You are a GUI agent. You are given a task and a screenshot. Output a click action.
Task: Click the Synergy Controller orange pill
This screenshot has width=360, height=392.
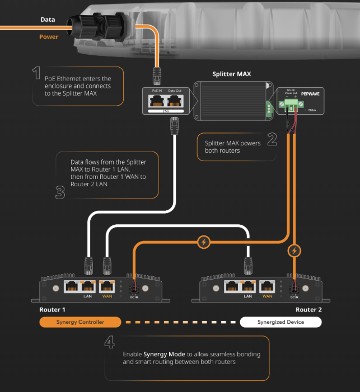pyautogui.click(x=80, y=322)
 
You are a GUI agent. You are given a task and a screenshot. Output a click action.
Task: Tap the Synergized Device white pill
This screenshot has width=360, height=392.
pyautogui.click(x=280, y=322)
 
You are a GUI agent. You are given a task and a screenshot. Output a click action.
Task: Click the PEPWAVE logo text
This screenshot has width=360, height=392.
pyautogui.click(x=310, y=95)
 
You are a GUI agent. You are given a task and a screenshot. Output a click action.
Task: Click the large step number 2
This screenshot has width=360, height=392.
pyautogui.click(x=272, y=139)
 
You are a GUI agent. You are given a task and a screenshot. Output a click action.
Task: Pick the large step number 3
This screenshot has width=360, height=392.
pyautogui.click(x=60, y=192)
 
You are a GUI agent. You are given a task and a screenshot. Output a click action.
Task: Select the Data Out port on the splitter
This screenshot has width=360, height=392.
pyautogui.click(x=175, y=102)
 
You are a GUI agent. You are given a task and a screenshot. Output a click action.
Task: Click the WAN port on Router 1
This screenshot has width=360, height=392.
pyautogui.click(x=107, y=286)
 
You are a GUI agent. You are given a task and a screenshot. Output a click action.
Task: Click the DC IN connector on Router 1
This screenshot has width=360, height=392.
pyautogui.click(x=134, y=289)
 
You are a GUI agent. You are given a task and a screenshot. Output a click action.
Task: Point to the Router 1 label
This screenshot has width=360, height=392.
pyautogui.click(x=52, y=309)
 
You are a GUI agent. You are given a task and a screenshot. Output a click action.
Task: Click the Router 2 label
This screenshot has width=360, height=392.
pyautogui.click(x=308, y=309)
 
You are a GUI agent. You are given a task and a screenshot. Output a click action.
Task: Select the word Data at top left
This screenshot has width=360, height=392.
pyautogui.click(x=48, y=20)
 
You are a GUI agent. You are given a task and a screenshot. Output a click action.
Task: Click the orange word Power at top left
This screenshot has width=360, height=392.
pyautogui.click(x=49, y=37)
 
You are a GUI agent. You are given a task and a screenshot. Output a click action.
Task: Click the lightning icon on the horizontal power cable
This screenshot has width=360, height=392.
pyautogui.click(x=204, y=242)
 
